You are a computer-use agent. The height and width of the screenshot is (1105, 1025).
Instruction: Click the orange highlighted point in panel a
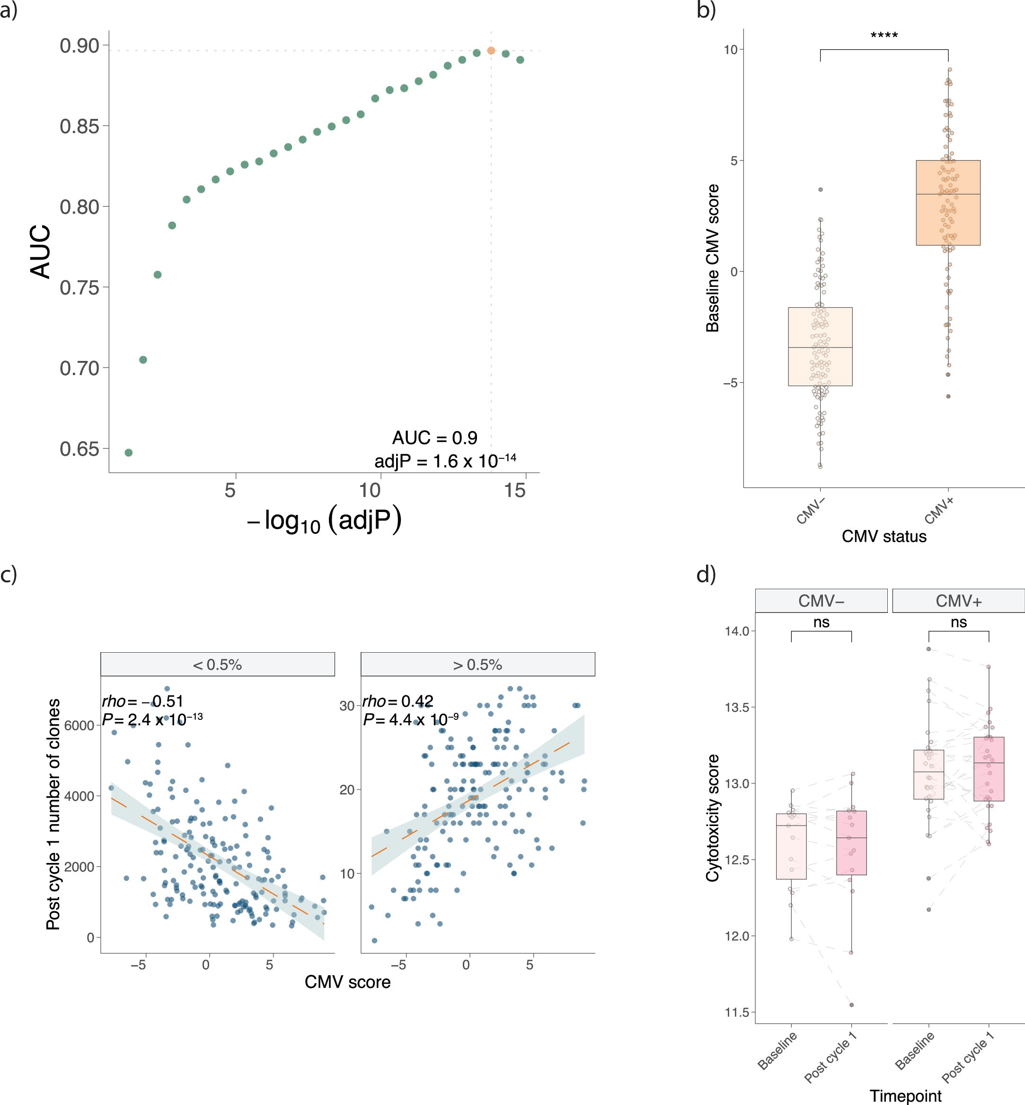pyautogui.click(x=491, y=51)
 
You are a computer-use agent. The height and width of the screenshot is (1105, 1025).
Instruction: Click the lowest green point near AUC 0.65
pyautogui.click(x=129, y=452)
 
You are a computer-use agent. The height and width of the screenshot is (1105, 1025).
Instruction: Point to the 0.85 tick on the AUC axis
pyautogui.click(x=80, y=126)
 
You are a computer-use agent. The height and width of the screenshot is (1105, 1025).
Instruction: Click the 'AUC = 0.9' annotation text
pyautogui.click(x=434, y=438)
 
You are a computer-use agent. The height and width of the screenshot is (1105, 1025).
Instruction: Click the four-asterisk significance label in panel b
pyautogui.click(x=884, y=36)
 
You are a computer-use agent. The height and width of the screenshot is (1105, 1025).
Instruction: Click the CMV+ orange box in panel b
pyautogui.click(x=948, y=203)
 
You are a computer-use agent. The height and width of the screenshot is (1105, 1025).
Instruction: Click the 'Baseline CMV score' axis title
pyautogui.click(x=712, y=258)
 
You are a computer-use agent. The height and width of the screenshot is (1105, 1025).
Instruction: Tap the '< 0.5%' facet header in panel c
pyautogui.click(x=217, y=665)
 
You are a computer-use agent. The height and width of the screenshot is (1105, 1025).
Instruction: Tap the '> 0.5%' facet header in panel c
pyautogui.click(x=477, y=665)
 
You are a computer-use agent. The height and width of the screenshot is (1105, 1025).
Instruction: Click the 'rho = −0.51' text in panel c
pyautogui.click(x=142, y=701)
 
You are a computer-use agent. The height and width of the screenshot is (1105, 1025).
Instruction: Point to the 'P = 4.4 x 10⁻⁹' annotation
pyautogui.click(x=410, y=720)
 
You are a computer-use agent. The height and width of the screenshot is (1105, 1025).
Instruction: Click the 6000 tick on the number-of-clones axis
pyautogui.click(x=79, y=726)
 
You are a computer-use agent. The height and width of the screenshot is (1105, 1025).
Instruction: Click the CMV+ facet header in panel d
pyautogui.click(x=958, y=601)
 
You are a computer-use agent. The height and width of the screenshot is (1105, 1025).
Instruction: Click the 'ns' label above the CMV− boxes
pyautogui.click(x=821, y=622)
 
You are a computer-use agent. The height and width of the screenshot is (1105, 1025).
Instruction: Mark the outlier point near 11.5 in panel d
pyautogui.click(x=851, y=1005)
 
